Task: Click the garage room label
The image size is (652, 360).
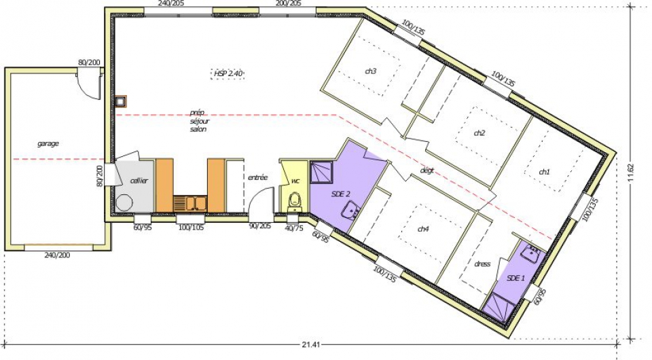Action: click(x=48, y=144)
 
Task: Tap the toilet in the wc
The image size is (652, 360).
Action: click(x=295, y=200)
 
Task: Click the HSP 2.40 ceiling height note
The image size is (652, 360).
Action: click(x=228, y=73)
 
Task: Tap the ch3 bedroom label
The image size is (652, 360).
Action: click(x=371, y=71)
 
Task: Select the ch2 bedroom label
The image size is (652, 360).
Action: click(x=479, y=133)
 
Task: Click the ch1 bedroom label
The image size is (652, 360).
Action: click(x=544, y=172)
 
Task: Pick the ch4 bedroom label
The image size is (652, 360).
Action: click(x=423, y=229)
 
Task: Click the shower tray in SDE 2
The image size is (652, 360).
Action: click(x=322, y=173)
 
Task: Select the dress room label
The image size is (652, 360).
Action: click(x=482, y=264)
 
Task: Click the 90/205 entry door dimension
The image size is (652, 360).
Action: click(x=260, y=226)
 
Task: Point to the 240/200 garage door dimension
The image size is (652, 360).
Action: click(x=57, y=255)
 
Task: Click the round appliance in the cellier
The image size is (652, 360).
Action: click(x=124, y=203)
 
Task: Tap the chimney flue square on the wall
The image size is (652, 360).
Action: click(x=121, y=101)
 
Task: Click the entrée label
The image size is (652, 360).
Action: click(x=258, y=177)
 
